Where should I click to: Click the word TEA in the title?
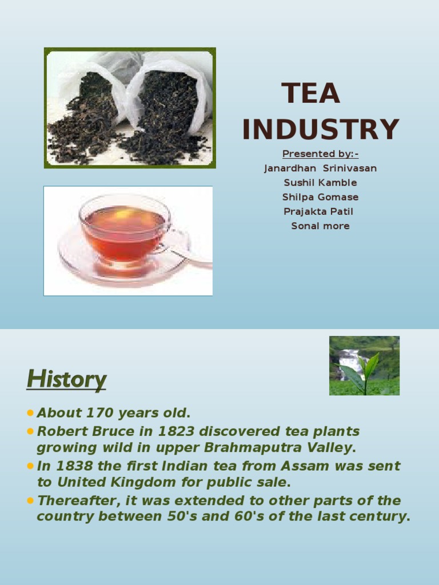click(310, 94)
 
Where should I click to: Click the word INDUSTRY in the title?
click(320, 129)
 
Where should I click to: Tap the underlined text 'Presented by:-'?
click(320, 154)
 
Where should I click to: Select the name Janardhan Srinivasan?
click(320, 168)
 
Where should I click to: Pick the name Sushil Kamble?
click(320, 182)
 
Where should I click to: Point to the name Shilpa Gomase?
click(320, 197)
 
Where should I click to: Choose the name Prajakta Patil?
click(318, 211)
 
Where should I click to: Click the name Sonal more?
click(320, 226)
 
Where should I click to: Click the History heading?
click(66, 379)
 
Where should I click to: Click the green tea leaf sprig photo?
click(364, 366)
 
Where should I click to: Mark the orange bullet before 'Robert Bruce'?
click(30, 430)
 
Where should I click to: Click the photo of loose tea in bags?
click(130, 107)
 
